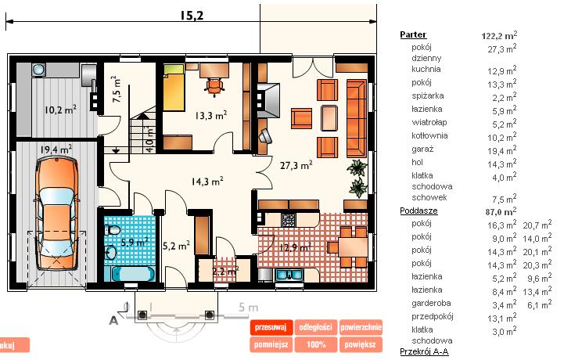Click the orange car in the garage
pyautogui.click(x=57, y=215)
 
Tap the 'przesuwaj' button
pyautogui.click(x=271, y=327)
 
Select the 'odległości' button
pyautogui.click(x=315, y=327)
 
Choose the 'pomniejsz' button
pyautogui.click(x=271, y=344)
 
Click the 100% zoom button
pyautogui.click(x=315, y=344)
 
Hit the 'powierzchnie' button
pyautogui.click(x=361, y=327)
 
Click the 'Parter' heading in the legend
pyautogui.click(x=413, y=34)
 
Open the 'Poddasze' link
pyautogui.click(x=419, y=211)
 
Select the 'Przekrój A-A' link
pyautogui.click(x=425, y=351)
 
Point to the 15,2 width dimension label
pyautogui.click(x=192, y=15)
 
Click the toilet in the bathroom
pyautogui.click(x=113, y=229)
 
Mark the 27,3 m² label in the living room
pyautogui.click(x=296, y=165)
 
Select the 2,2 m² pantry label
pyautogui.click(x=225, y=271)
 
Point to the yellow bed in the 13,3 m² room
pyautogui.click(x=174, y=88)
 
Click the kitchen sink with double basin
pyautogui.click(x=289, y=275)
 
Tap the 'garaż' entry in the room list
pyautogui.click(x=422, y=149)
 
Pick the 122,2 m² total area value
pyautogui.click(x=499, y=35)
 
